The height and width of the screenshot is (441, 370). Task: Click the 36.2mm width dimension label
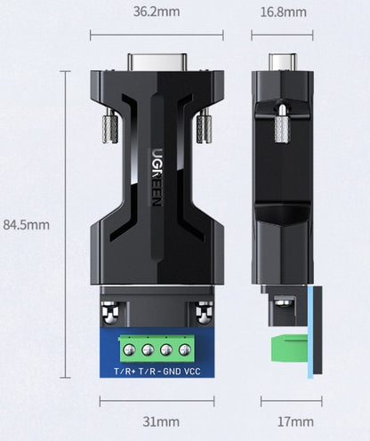point(157,12)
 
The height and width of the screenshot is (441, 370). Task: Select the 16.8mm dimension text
point(283,12)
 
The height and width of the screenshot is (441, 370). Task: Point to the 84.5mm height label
point(27,225)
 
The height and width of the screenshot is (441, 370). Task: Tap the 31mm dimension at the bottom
point(157,421)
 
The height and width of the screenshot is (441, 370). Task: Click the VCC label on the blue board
point(192,371)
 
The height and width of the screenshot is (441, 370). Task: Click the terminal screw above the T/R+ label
point(125,344)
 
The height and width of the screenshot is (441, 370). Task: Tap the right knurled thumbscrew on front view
point(204,126)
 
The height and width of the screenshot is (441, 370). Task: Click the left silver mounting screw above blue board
point(111,312)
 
